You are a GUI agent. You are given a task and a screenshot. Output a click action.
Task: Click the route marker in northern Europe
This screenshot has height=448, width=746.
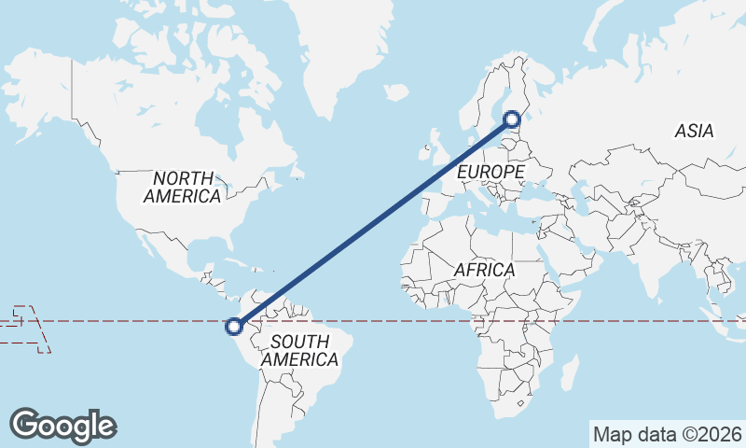[512, 119]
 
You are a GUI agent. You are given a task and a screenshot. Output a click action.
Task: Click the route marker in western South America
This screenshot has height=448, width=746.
[234, 326]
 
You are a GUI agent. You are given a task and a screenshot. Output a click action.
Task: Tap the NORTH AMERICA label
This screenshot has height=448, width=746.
[183, 187]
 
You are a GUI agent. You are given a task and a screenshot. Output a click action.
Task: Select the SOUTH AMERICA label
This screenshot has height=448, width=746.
[299, 350]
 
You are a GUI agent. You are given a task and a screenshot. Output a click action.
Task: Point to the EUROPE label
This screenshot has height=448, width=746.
[490, 173]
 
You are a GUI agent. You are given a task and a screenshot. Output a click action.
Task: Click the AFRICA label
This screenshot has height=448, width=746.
[484, 270]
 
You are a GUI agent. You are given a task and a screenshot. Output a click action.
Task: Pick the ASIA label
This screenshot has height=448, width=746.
[694, 132]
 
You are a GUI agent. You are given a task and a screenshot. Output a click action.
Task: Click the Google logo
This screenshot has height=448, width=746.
[63, 425]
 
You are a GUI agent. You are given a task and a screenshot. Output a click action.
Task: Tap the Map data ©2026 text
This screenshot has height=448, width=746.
[667, 434]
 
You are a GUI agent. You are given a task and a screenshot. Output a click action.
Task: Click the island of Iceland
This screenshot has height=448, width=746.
[396, 92]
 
